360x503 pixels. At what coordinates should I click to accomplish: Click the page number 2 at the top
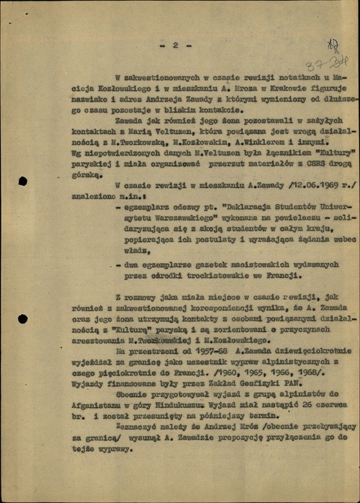pyautogui.click(x=174, y=45)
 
